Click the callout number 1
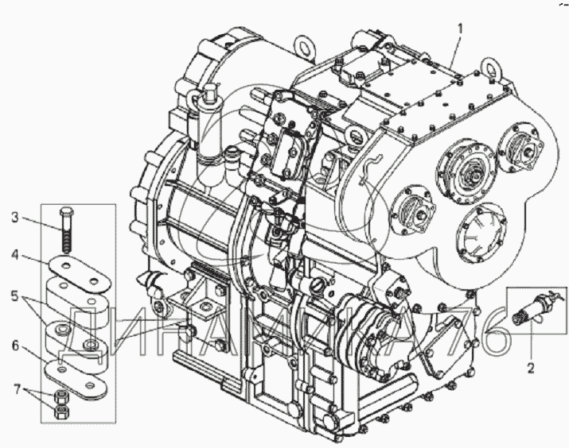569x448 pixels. point(460,29)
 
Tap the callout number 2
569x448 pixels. point(531,369)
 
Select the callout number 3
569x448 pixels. point(15,218)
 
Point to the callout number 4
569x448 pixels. point(15,255)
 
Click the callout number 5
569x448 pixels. point(15,296)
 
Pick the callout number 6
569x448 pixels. point(15,346)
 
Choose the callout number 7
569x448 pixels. point(17,390)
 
